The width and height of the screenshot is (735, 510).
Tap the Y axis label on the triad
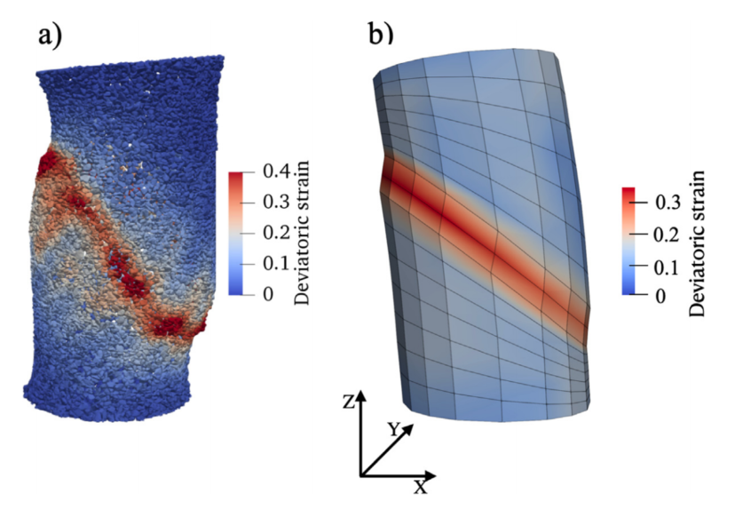393,428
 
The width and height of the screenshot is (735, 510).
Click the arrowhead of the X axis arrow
430,472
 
